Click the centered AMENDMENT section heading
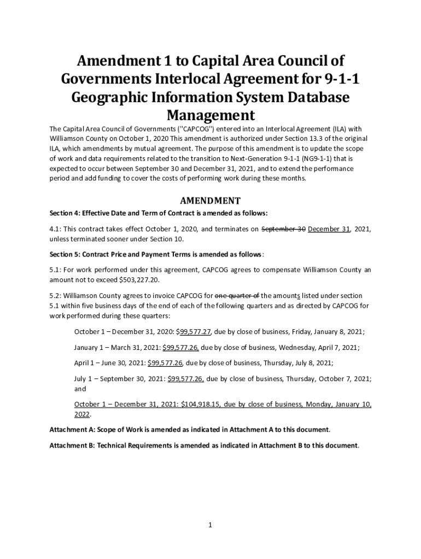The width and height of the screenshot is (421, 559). (x=210, y=200)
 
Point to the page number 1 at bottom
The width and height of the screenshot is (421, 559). (x=210, y=525)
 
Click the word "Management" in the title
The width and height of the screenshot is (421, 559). (x=210, y=115)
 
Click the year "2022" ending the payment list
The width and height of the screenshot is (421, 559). (x=81, y=414)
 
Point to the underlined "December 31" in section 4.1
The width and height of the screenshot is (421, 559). (x=329, y=229)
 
